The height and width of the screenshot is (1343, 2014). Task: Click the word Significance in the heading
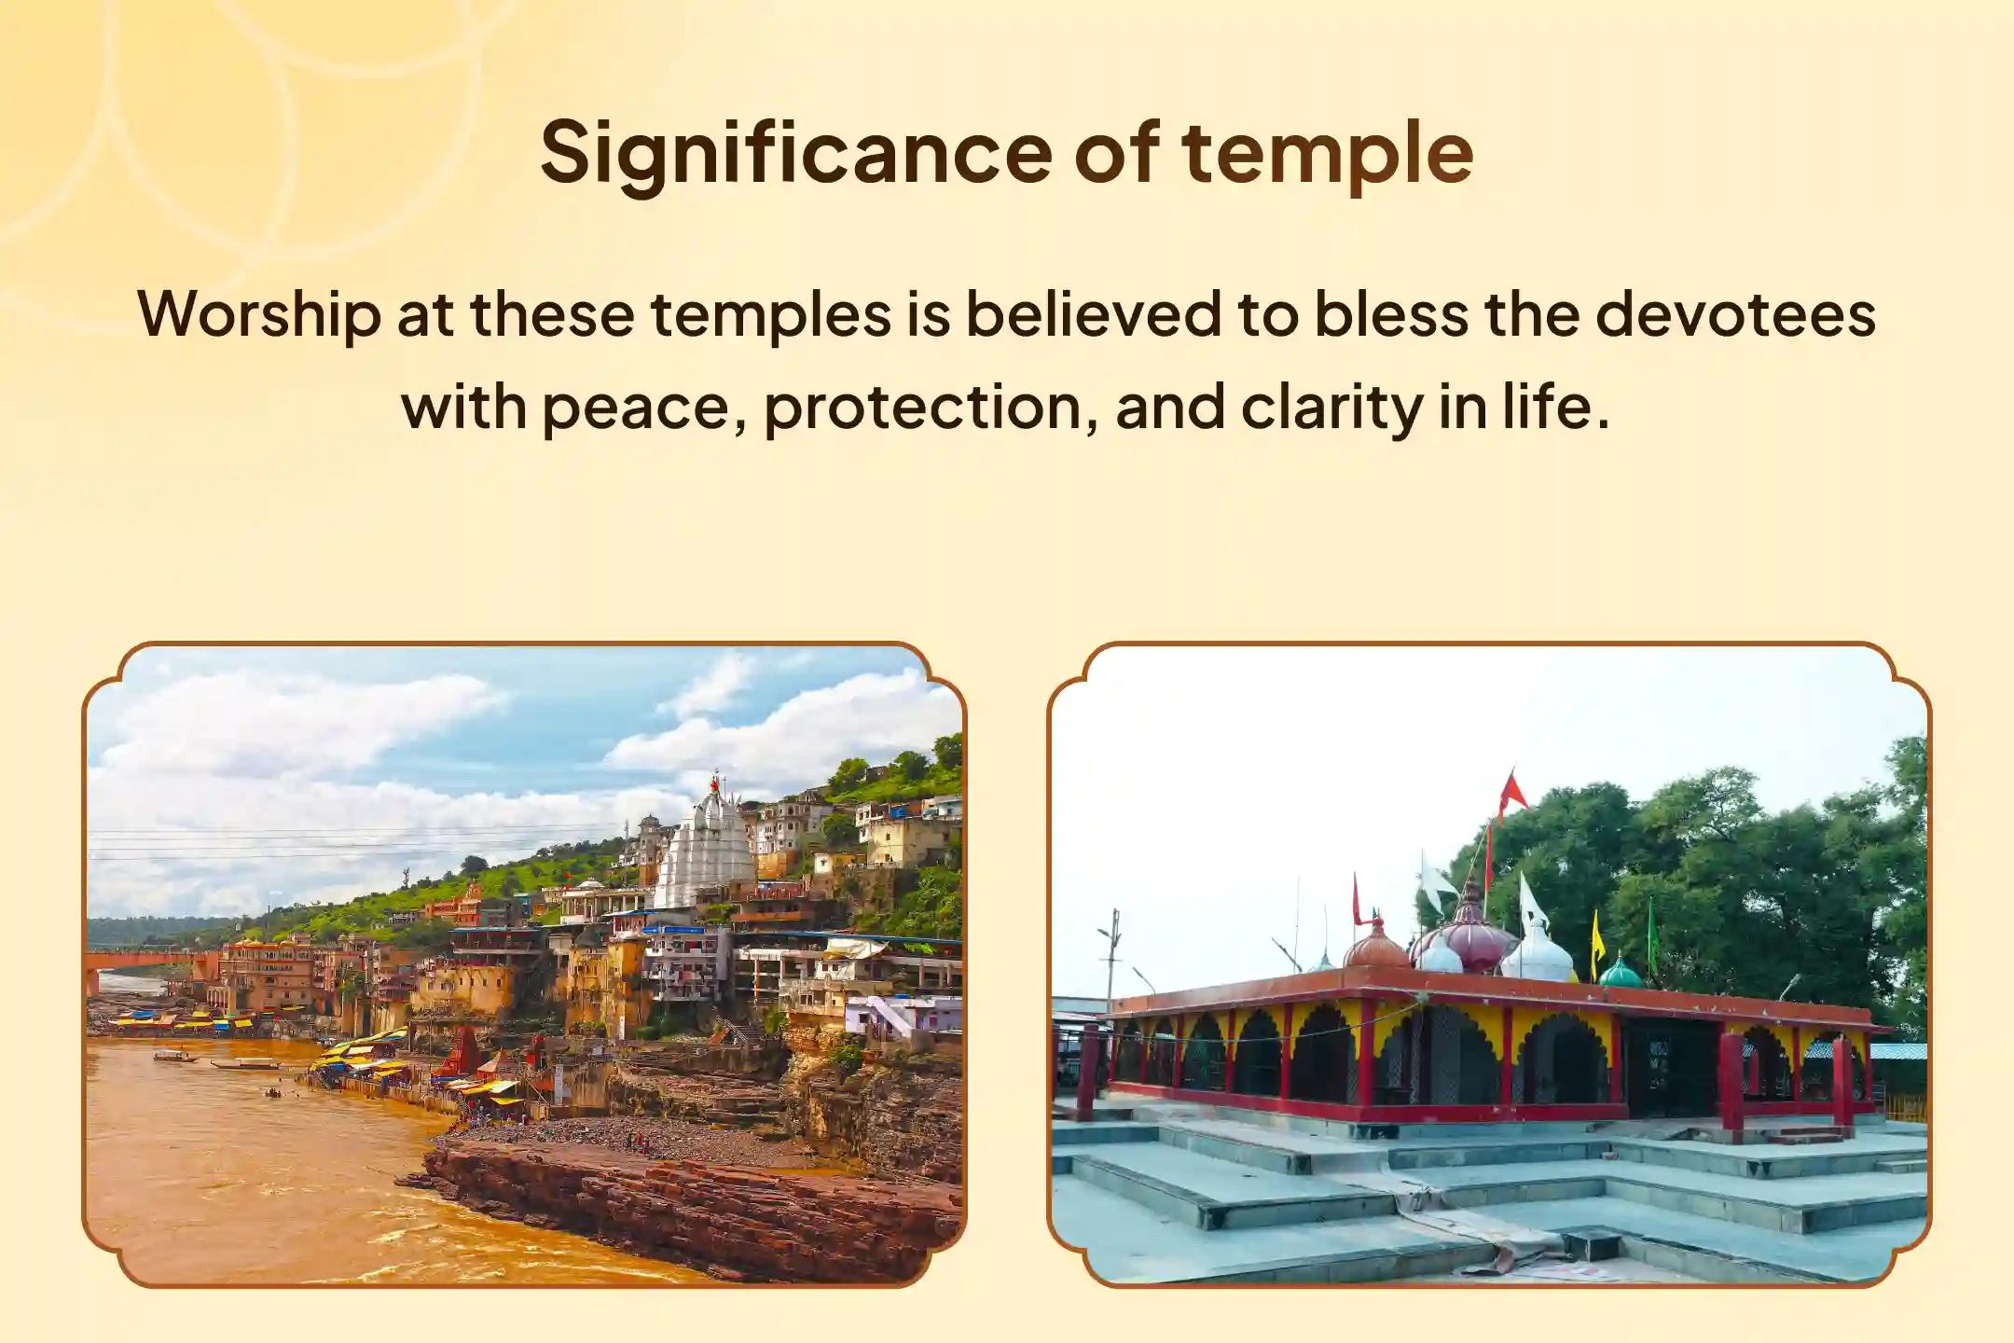[x=796, y=155]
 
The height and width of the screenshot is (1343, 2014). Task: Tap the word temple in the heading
[x=1327, y=157]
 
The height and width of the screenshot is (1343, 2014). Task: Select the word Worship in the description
[x=259, y=315]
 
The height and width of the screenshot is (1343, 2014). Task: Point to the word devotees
[x=1735, y=313]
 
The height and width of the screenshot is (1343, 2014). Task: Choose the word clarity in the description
[x=1331, y=409]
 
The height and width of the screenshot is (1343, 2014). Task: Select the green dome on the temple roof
[x=1620, y=972]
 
